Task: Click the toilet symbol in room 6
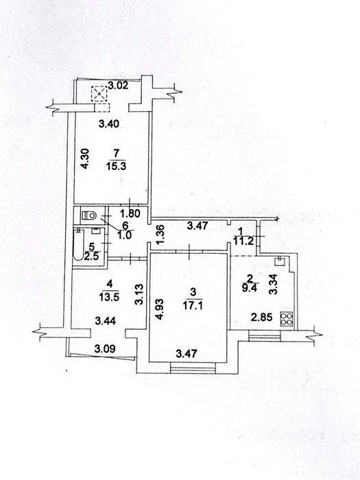tap(88, 215)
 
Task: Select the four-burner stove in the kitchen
tap(287, 318)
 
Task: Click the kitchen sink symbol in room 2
tap(279, 261)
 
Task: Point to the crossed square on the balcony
tap(99, 94)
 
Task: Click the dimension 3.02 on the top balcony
tap(119, 85)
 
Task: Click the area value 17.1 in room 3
tap(192, 305)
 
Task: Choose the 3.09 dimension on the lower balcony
tap(105, 348)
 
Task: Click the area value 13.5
tap(109, 296)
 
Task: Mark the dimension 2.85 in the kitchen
tap(261, 317)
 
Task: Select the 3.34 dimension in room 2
tap(273, 285)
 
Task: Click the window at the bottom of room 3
tap(193, 368)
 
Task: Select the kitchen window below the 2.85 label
tap(264, 335)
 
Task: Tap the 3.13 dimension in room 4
tap(139, 295)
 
